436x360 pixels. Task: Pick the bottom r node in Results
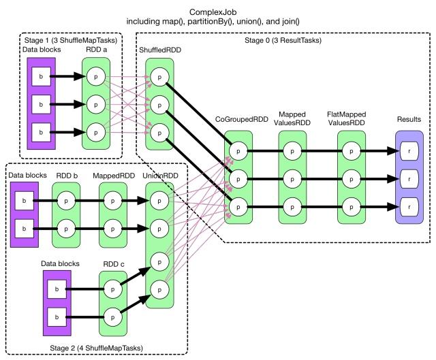point(409,205)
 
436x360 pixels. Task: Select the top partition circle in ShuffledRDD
point(159,78)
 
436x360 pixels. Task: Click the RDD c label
point(110,263)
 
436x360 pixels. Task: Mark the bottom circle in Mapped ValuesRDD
point(293,205)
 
